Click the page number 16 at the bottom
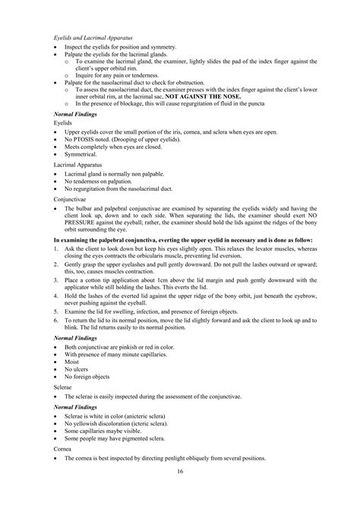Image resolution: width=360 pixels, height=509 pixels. (x=180, y=492)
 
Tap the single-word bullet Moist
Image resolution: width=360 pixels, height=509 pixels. (x=73, y=363)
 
